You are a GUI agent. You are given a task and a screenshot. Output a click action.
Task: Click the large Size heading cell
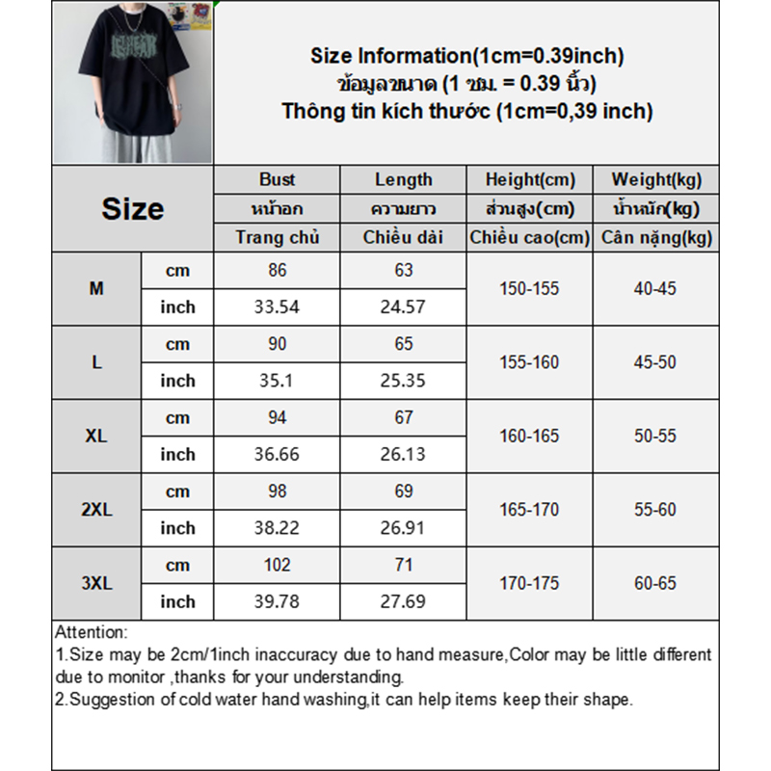pos(132,209)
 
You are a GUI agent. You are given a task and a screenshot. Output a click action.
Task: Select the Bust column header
pos(277,179)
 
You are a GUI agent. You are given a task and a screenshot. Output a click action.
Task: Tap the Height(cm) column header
pos(530,179)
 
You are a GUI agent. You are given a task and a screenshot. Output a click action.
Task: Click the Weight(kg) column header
pos(656,179)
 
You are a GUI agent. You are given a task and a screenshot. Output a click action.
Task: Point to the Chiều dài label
pos(403,237)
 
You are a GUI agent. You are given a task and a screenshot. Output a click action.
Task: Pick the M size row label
pos(96,288)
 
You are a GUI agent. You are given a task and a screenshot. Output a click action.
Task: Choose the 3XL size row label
pos(96,583)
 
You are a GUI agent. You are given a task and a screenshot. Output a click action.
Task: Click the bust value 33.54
pos(277,307)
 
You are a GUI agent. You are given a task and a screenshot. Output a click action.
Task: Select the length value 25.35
pos(403,381)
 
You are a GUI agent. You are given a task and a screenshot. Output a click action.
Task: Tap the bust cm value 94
pos(277,417)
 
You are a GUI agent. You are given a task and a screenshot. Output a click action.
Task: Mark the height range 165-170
pos(529,509)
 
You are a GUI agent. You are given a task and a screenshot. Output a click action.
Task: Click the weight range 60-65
pos(656,583)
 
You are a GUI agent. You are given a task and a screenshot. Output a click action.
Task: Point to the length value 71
pos(403,565)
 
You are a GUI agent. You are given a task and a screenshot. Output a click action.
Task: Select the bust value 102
pos(277,565)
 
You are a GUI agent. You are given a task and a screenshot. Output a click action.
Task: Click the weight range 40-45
pos(656,288)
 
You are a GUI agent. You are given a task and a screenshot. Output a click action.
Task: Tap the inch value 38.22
pos(277,528)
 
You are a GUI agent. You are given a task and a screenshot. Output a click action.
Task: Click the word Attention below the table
pos(91,633)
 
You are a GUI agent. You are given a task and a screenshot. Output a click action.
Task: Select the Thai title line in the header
pos(466,83)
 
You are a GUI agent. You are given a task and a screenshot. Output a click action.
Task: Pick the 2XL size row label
pos(96,510)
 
